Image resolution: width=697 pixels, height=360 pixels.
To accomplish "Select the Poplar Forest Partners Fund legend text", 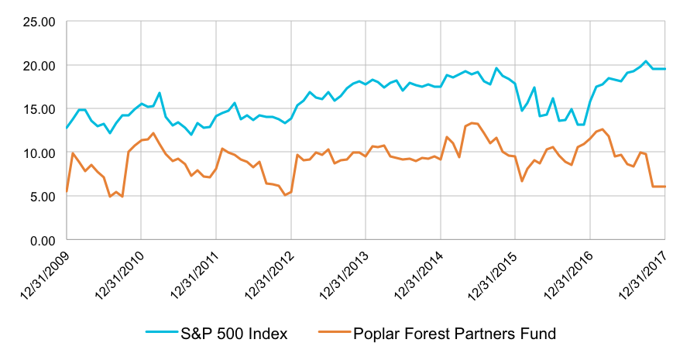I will coord(455,334).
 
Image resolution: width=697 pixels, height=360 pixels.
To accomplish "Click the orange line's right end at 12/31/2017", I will coord(664,187).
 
